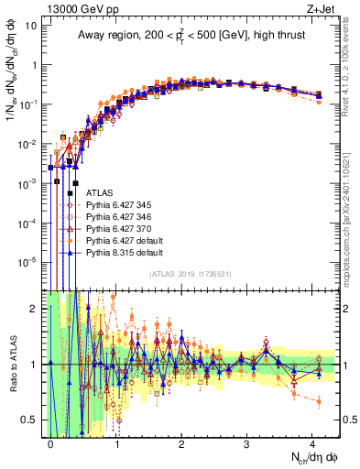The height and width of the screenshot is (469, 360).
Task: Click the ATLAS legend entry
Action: (x=99, y=193)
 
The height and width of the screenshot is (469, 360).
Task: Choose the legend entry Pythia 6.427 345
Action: (x=119, y=206)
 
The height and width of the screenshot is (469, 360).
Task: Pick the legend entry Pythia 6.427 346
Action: (x=119, y=219)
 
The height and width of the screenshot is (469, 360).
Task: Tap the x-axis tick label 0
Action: (x=51, y=443)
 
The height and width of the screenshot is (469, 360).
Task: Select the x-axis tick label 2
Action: (x=181, y=443)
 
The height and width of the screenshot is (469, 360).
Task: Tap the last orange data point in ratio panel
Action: (x=318, y=400)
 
